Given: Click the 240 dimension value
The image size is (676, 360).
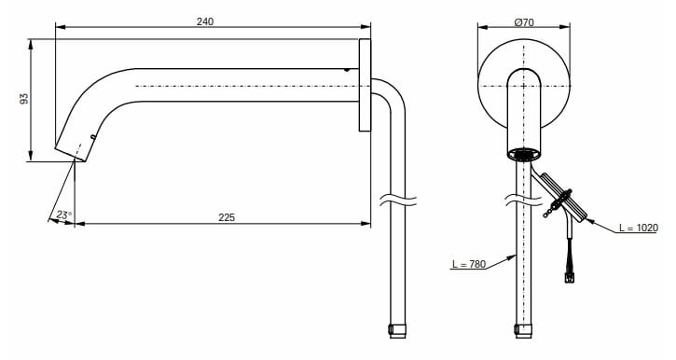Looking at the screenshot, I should coord(205,21).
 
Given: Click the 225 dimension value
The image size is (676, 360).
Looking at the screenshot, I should coord(226,216).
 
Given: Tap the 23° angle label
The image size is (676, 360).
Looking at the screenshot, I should coord(62,215).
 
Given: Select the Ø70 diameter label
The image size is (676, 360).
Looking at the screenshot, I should coord(523,21).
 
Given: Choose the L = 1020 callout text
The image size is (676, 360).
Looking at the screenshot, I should coord(639,227).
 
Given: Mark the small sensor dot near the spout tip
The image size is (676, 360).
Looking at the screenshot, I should coord(93,138).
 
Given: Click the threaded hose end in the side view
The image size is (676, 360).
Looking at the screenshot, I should coord(398,329).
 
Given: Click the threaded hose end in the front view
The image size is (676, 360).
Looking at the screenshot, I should coord(524,329).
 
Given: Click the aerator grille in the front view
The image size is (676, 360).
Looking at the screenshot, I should coord(524,154).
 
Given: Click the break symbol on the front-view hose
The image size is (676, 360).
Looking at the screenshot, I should coord(524,198).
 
